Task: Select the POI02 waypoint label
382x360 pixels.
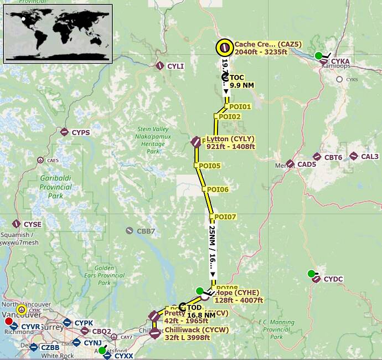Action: [x=229, y=117]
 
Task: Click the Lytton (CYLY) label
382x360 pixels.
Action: [x=230, y=142]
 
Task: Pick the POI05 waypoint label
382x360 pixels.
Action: [x=210, y=166]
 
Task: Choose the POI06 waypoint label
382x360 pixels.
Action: [x=218, y=189]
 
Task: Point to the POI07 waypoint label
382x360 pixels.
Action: [x=225, y=217]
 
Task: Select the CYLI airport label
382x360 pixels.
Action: [x=175, y=66]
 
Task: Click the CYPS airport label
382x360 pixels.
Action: [x=80, y=132]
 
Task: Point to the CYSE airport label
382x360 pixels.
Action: [x=32, y=224]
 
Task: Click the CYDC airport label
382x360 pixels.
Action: [x=333, y=279]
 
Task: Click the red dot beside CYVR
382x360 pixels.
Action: [x=8, y=321]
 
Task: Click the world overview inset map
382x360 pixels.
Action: [x=58, y=33]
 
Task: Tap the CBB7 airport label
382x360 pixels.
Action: [x=146, y=230]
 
